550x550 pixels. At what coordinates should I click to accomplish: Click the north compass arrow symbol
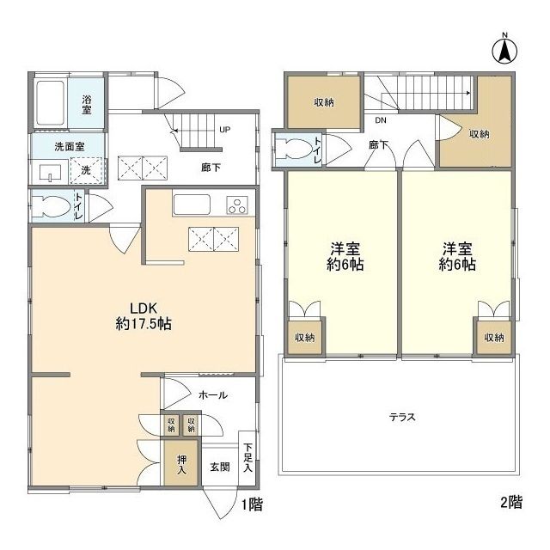click(504, 52)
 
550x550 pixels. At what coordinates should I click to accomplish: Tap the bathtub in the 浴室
click(51, 103)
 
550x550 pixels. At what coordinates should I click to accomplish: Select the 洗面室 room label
click(70, 147)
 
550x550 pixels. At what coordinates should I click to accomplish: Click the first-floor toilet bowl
click(51, 206)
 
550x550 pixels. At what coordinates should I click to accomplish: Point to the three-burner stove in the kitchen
click(238, 205)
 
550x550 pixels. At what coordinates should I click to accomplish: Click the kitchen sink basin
click(192, 205)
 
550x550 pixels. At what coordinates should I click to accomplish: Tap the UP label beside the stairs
click(225, 130)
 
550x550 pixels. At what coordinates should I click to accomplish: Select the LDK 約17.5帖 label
click(144, 316)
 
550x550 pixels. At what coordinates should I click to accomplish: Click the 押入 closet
click(181, 462)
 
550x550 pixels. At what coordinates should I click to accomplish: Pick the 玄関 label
click(220, 467)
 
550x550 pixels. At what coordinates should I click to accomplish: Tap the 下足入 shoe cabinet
click(247, 457)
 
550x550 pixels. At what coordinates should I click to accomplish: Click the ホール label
click(213, 395)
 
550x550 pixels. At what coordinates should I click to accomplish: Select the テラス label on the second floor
click(402, 417)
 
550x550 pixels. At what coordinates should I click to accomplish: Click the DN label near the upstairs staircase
click(381, 120)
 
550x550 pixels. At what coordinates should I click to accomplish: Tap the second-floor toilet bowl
click(294, 149)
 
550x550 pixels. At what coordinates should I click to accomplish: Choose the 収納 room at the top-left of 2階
click(324, 102)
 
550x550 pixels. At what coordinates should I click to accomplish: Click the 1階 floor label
click(252, 504)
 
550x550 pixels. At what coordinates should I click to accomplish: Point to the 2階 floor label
click(511, 502)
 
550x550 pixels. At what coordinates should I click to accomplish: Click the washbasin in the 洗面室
click(50, 173)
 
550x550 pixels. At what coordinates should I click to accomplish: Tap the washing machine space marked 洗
click(87, 171)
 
